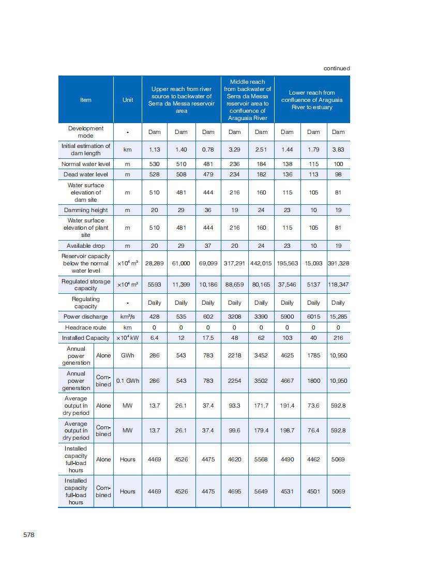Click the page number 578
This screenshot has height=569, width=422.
point(29,535)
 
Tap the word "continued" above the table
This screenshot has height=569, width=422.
point(337,68)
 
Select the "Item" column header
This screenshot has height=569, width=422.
point(86,100)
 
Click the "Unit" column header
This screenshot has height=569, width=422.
point(128,100)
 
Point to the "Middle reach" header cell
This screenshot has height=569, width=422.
point(247,100)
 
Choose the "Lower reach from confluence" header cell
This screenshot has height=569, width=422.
point(312,100)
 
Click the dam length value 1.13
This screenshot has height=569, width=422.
point(154,149)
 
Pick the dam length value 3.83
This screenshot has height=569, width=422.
point(338,149)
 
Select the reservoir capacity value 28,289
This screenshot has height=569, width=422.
point(154,263)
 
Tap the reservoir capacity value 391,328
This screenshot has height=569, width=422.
point(338,263)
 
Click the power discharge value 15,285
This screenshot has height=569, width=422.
point(338,317)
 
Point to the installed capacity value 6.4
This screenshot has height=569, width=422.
point(154,338)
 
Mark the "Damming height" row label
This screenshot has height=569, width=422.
point(86,210)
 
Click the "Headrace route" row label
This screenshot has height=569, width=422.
point(86,327)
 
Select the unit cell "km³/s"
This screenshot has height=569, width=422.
point(128,317)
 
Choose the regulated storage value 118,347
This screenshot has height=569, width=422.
point(338,284)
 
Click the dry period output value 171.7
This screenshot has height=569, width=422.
point(261,406)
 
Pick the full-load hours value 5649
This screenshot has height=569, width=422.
point(261,491)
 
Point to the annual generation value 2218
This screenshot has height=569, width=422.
point(234,356)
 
